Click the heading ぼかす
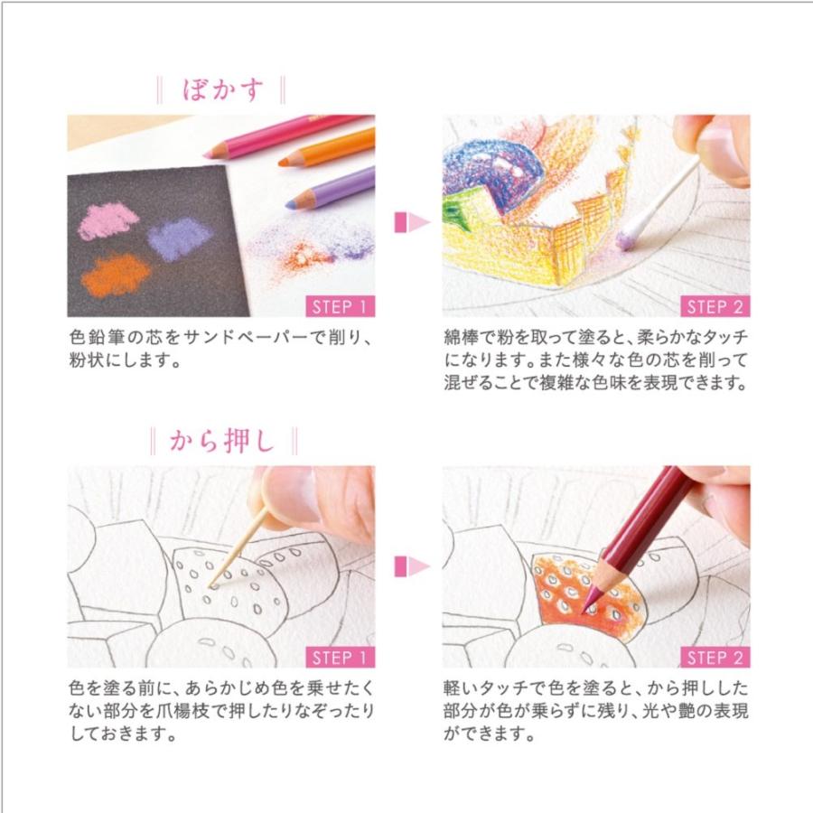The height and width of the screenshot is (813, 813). click(x=220, y=90)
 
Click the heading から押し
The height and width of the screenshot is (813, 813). click(x=221, y=441)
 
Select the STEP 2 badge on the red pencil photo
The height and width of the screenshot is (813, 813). click(x=715, y=656)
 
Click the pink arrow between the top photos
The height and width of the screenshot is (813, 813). click(x=408, y=220)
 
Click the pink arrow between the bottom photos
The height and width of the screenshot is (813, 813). click(x=408, y=566)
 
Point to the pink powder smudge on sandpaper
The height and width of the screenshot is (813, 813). click(x=107, y=221)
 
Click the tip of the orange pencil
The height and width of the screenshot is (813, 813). click(x=283, y=163)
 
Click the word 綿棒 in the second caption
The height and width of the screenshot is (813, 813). click(x=461, y=338)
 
